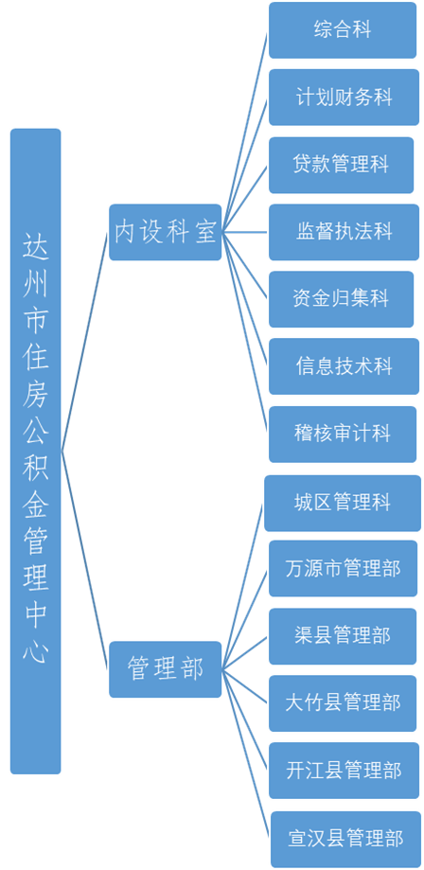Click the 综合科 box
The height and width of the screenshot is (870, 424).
click(x=343, y=30)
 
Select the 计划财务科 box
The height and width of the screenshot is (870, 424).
click(x=344, y=98)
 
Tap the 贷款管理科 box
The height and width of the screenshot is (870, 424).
click(x=342, y=165)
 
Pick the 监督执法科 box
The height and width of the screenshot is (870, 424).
click(x=344, y=232)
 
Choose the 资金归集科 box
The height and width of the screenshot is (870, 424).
click(x=342, y=299)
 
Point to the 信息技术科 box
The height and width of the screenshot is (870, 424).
click(x=344, y=366)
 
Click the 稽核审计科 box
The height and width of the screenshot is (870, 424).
click(x=343, y=434)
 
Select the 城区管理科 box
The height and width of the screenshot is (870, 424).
click(x=343, y=503)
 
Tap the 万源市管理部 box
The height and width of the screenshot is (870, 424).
click(x=343, y=569)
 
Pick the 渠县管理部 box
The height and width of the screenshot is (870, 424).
click(x=343, y=636)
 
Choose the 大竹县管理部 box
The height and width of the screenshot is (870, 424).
click(x=343, y=703)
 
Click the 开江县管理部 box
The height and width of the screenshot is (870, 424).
click(x=344, y=771)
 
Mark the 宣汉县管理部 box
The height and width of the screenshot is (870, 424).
click(x=345, y=839)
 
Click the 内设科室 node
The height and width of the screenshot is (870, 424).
click(x=165, y=232)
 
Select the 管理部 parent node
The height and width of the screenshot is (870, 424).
click(x=165, y=669)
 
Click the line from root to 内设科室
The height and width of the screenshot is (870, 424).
click(x=84, y=341)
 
